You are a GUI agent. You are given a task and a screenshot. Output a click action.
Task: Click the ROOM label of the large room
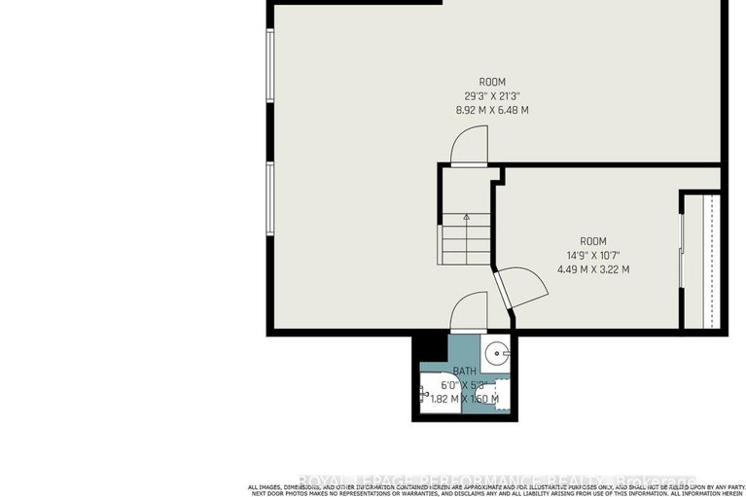tap(492, 82)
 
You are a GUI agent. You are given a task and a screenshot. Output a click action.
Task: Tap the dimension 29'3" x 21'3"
tap(492, 95)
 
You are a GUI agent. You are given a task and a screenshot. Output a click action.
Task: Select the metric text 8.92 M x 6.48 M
tap(492, 110)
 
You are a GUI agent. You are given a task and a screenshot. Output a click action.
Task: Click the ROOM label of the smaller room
tap(593, 241)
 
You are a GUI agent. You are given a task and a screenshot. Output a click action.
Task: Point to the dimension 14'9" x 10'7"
tap(593, 255)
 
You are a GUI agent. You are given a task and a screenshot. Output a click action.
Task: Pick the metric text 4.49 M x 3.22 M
tap(593, 269)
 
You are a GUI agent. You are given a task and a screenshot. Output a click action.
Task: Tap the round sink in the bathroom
tap(498, 351)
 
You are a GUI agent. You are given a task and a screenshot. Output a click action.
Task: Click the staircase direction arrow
tap(467, 218)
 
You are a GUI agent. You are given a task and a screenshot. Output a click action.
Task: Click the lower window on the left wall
tap(270, 199)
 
